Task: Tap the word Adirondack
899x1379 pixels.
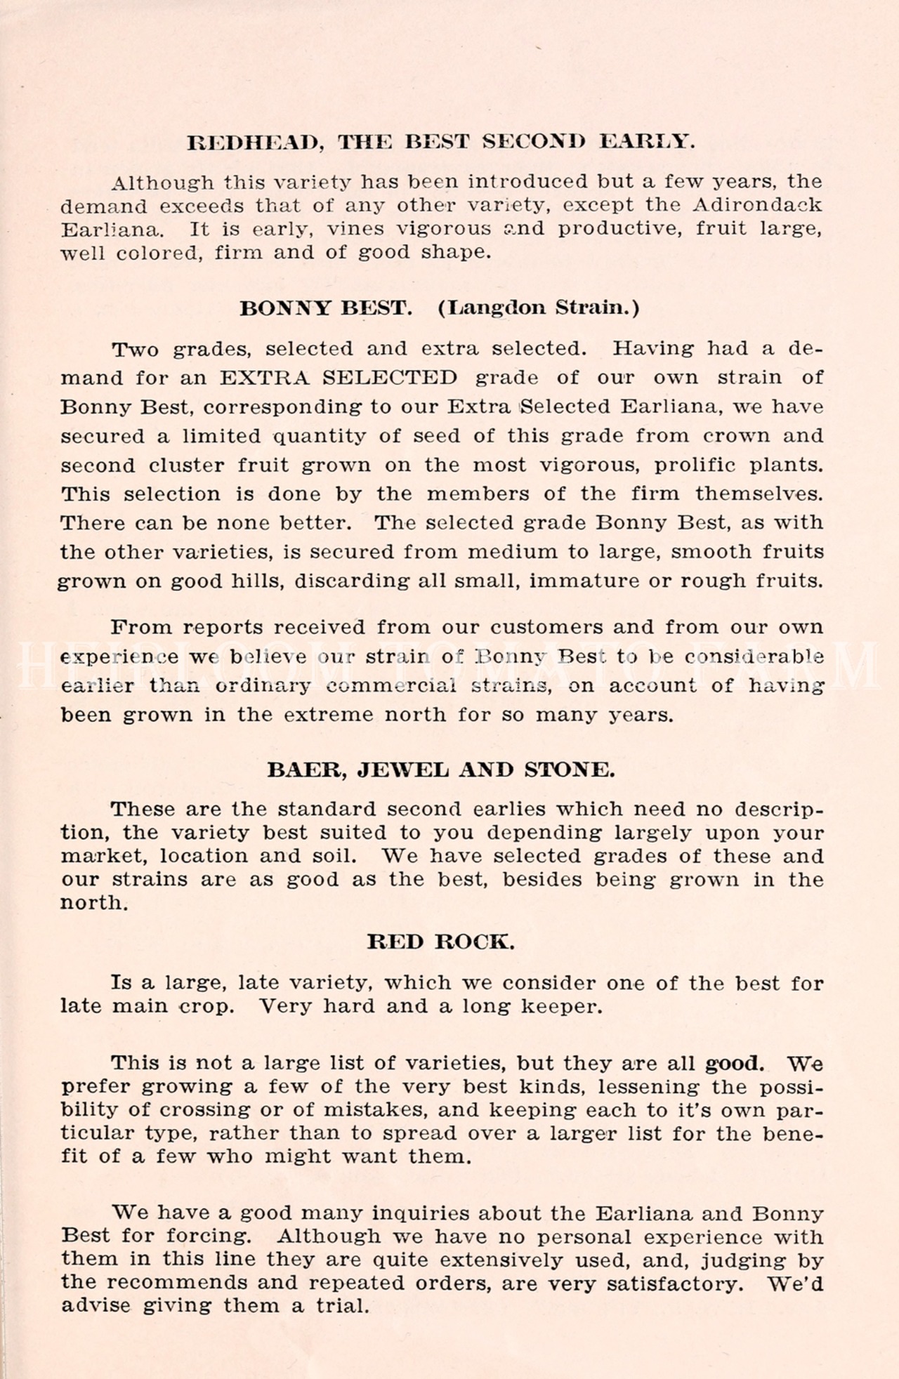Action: coord(757,205)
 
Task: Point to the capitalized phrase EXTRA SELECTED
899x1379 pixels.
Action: coord(339,378)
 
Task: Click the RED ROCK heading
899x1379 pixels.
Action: coord(441,942)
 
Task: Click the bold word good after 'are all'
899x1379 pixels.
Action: coord(733,1063)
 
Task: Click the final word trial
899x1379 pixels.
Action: coord(341,1307)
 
